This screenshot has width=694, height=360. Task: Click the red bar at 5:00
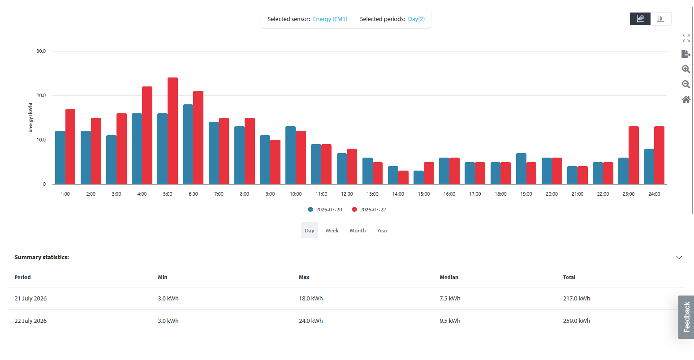tap(172, 131)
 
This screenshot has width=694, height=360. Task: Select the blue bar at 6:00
tap(188, 144)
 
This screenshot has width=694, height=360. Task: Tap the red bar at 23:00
tap(634, 155)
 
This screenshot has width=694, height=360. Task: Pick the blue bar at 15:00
tap(418, 177)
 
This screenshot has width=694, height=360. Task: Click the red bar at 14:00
tap(403, 177)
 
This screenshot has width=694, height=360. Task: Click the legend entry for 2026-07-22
tap(369, 210)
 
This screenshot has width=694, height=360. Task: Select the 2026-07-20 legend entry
tap(325, 210)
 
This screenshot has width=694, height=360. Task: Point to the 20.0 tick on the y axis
tap(41, 95)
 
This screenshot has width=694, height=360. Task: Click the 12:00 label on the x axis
tap(347, 194)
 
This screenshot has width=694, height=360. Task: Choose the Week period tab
tap(332, 231)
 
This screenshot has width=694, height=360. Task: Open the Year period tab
tap(382, 231)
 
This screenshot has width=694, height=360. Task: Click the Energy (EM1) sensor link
tap(330, 19)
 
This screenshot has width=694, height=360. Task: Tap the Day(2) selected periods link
tap(416, 19)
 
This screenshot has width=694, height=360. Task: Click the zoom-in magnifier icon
tap(686, 69)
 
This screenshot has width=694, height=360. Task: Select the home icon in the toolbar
tap(686, 99)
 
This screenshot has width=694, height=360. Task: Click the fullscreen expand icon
tap(686, 38)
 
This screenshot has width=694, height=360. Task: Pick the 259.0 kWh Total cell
tap(577, 321)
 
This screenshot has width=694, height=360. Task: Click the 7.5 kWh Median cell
tap(450, 298)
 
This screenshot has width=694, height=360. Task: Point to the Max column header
tap(304, 277)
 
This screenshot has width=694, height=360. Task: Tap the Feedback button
tap(686, 317)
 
